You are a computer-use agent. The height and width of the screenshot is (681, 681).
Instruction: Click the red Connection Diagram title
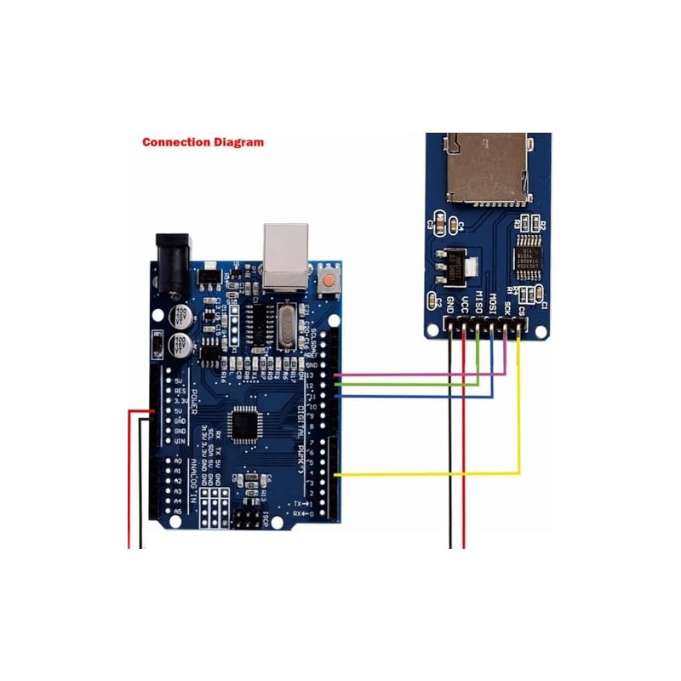point(203,142)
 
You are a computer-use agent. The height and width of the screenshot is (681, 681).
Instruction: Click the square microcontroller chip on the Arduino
point(248,423)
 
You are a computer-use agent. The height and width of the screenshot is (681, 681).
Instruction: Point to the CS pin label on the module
point(520,305)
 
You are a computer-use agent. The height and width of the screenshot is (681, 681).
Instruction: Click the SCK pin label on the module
point(506,303)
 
